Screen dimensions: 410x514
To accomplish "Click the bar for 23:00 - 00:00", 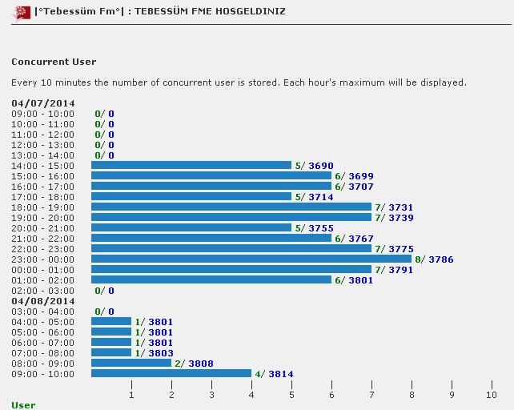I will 251,259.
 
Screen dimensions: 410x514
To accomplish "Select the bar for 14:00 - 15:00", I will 191,165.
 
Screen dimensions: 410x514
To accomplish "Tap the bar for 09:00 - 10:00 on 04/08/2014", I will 171,373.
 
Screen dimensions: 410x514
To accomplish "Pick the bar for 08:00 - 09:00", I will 131,363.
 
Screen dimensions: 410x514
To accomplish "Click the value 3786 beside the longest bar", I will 441,259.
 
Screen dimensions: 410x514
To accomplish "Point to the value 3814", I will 281,374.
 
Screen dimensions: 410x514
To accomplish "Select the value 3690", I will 321,166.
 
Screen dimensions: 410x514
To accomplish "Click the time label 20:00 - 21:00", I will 42,228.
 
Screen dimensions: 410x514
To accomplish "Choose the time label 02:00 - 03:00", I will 42,291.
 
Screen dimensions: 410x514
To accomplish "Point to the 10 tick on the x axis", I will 491,395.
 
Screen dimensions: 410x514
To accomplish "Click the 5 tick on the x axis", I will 291,395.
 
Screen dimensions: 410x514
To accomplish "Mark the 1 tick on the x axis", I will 131,395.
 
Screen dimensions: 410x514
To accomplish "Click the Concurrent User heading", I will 54,62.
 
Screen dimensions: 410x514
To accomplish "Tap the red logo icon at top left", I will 21,13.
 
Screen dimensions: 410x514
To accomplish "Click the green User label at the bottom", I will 23,405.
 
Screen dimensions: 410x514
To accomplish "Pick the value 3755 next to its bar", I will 321,228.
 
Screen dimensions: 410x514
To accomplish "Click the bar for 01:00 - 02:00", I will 211,279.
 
